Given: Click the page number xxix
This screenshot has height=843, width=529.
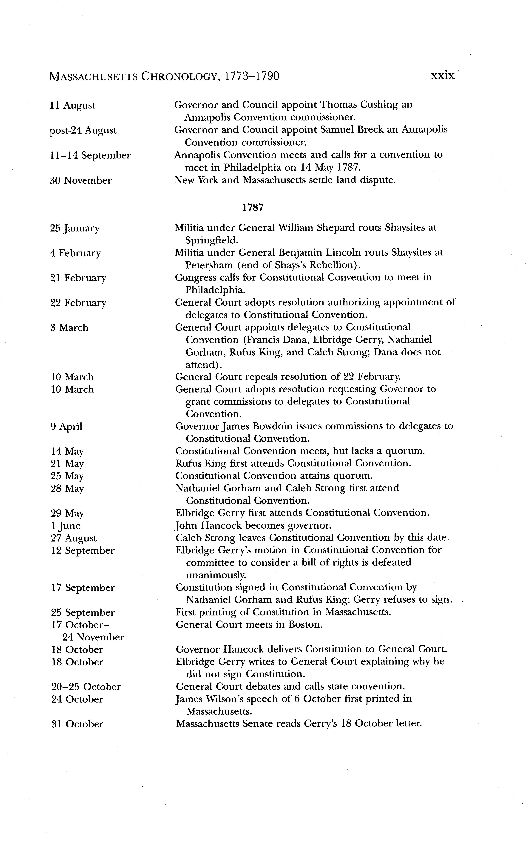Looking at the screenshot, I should (x=443, y=76).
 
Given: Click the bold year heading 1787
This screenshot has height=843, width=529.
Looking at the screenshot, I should (x=252, y=208).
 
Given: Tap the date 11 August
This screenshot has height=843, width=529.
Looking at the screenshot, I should (x=72, y=105).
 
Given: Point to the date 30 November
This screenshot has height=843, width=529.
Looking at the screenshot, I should (x=81, y=181).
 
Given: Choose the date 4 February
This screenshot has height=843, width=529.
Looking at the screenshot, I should (x=76, y=253).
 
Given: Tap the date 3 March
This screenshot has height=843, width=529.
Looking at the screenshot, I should (x=70, y=328).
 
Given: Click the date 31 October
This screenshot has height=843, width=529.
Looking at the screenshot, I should (x=77, y=724).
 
